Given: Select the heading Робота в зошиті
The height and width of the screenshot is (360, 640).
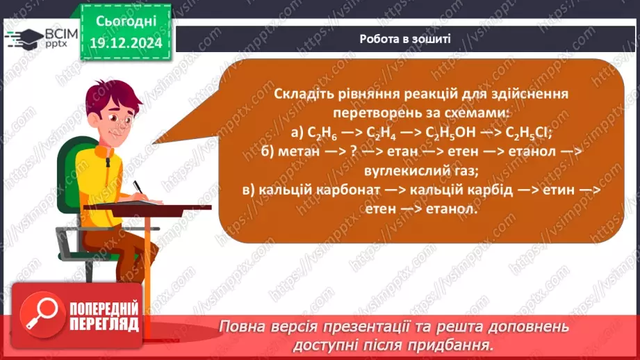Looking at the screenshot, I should [405, 39].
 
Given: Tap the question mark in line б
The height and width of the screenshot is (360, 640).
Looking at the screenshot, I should [365, 152].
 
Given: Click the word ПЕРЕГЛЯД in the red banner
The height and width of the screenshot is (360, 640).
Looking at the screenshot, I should [104, 324].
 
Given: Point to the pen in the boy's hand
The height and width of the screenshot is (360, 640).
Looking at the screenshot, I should [138, 188].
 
